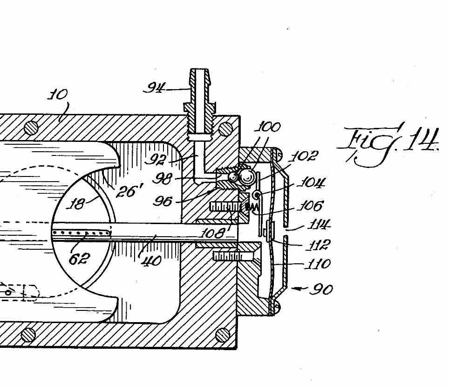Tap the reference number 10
(x=58, y=94)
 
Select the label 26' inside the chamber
(x=130, y=190)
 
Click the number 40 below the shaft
(x=151, y=261)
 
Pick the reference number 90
(x=321, y=289)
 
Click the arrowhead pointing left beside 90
(x=296, y=288)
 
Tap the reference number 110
(x=318, y=264)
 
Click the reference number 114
(x=319, y=225)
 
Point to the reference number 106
(x=310, y=205)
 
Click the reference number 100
(x=269, y=127)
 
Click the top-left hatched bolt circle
(x=31, y=128)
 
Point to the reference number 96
(x=163, y=202)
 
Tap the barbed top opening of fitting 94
(x=199, y=70)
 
